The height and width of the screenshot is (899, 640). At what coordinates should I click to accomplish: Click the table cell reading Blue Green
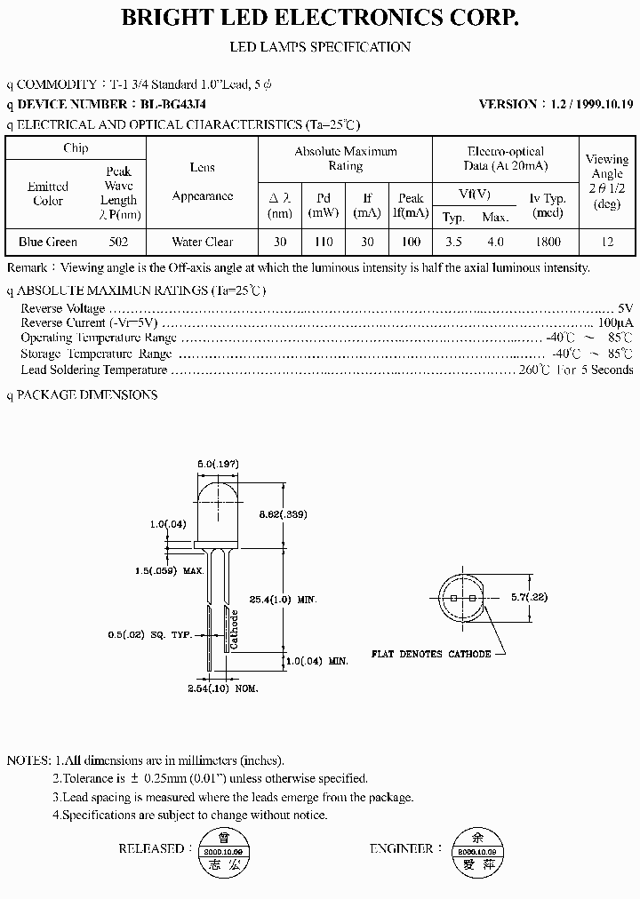[48, 242]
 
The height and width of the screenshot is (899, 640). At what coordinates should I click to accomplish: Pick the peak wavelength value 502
[118, 242]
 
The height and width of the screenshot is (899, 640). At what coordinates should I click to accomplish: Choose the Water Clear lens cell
[202, 242]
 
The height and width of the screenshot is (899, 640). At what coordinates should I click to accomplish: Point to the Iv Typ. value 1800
[548, 242]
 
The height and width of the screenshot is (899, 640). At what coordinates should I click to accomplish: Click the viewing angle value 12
[607, 242]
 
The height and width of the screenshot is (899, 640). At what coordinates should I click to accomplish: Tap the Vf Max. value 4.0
[495, 242]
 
